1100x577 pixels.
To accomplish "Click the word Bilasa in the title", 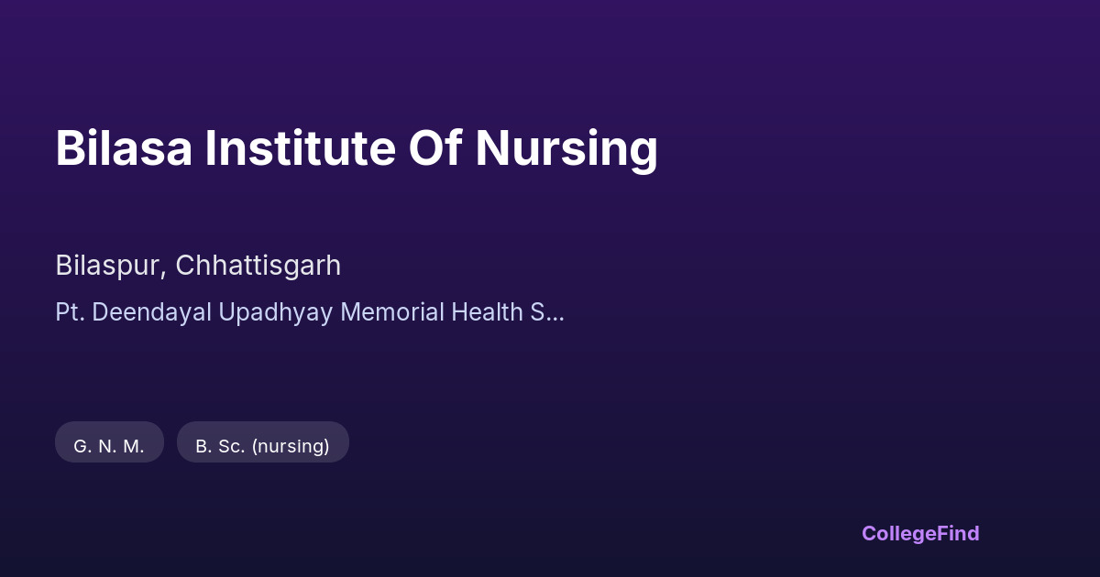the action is click(x=124, y=147).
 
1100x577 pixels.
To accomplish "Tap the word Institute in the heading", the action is click(x=300, y=147).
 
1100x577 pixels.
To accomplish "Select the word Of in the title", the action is click(x=435, y=147).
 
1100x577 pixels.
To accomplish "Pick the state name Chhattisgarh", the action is click(x=258, y=267).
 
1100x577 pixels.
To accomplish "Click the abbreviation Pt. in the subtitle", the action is click(x=71, y=312).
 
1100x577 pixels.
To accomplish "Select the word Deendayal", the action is click(x=152, y=313).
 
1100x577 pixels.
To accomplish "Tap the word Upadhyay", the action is click(x=276, y=313).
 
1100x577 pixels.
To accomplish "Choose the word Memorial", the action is click(x=392, y=312).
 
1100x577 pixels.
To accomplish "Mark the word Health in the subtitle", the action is click(x=487, y=312).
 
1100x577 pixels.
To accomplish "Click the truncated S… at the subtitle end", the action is click(x=547, y=312).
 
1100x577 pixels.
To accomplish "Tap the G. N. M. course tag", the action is click(x=109, y=442).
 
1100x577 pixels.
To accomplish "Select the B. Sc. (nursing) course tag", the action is click(x=263, y=442).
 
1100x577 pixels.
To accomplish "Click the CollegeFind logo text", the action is click(x=920, y=534).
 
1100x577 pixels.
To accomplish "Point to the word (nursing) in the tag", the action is click(x=291, y=447).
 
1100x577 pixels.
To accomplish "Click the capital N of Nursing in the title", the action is click(x=491, y=148).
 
